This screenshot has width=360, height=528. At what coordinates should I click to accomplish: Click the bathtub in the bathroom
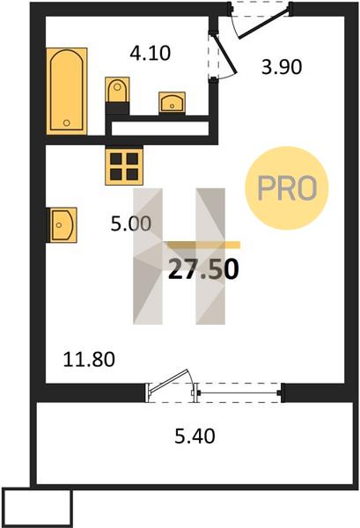point(67,91)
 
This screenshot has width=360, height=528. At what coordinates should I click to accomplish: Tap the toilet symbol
point(117,90)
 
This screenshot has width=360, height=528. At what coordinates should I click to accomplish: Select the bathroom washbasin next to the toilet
point(172,102)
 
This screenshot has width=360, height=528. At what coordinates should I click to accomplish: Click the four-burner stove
point(124,166)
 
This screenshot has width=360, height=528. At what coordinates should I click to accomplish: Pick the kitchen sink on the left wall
point(63,224)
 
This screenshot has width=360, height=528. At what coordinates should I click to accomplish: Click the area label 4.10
point(151,54)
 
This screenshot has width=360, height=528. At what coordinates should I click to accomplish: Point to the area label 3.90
point(282,67)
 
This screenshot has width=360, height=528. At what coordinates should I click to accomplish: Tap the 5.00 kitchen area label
point(131,224)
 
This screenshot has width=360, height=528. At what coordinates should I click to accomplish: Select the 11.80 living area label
point(89,359)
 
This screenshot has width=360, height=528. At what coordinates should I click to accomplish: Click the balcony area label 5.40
point(195,436)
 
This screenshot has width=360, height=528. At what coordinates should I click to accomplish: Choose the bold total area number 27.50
point(203,269)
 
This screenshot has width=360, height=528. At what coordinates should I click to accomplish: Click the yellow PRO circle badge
point(287,188)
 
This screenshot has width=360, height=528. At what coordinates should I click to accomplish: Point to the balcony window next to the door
point(239,392)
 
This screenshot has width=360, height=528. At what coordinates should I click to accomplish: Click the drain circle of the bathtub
point(67,123)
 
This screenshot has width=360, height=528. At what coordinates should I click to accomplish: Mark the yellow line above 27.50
point(203,245)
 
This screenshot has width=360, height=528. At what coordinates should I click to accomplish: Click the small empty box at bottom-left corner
point(37,508)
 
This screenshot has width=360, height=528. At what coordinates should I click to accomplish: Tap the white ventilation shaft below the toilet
point(160,128)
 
